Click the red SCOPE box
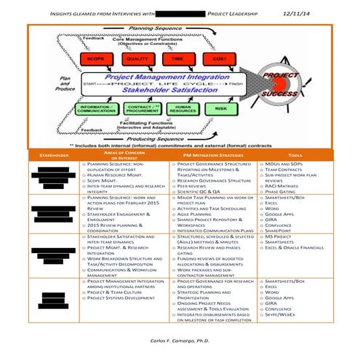click(95, 57)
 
